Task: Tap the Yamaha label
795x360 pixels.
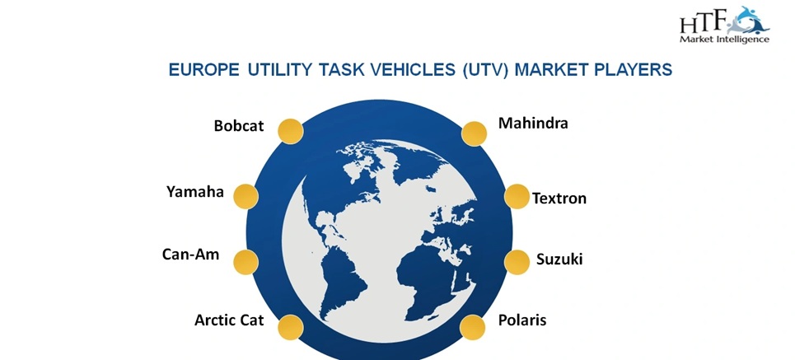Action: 194,192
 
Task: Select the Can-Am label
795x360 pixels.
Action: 191,255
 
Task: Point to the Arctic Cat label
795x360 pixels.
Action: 229,320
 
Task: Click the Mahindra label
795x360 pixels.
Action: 533,124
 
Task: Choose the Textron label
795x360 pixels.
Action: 559,199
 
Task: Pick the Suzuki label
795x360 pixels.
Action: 559,259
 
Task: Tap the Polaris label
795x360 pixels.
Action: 522,320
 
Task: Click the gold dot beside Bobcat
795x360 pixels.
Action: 290,130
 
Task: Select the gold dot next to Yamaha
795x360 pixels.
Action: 246,196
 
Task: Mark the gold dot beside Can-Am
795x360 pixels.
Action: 246,261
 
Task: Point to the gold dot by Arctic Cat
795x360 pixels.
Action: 290,327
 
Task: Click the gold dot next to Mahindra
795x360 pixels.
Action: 474,133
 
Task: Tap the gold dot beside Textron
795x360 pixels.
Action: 517,196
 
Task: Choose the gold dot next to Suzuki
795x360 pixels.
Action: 517,261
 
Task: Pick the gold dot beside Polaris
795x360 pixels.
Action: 473,326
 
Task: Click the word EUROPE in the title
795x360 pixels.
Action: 203,71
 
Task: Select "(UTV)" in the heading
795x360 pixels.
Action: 478,71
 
